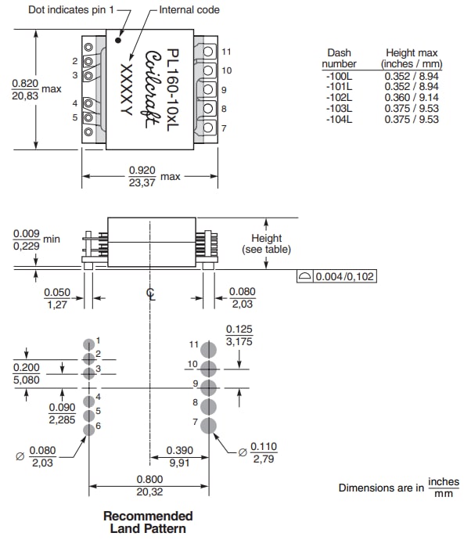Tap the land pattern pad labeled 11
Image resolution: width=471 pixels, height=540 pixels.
pyautogui.click(x=208, y=350)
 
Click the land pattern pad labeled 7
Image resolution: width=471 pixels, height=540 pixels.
pyautogui.click(x=208, y=426)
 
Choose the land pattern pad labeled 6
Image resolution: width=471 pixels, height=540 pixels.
pyautogui.click(x=88, y=426)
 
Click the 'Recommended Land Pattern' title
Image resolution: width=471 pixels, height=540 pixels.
pyautogui.click(x=148, y=522)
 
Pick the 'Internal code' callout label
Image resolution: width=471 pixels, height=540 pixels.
pyautogui.click(x=189, y=10)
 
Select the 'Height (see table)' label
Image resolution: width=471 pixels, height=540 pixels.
pyautogui.click(x=270, y=243)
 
